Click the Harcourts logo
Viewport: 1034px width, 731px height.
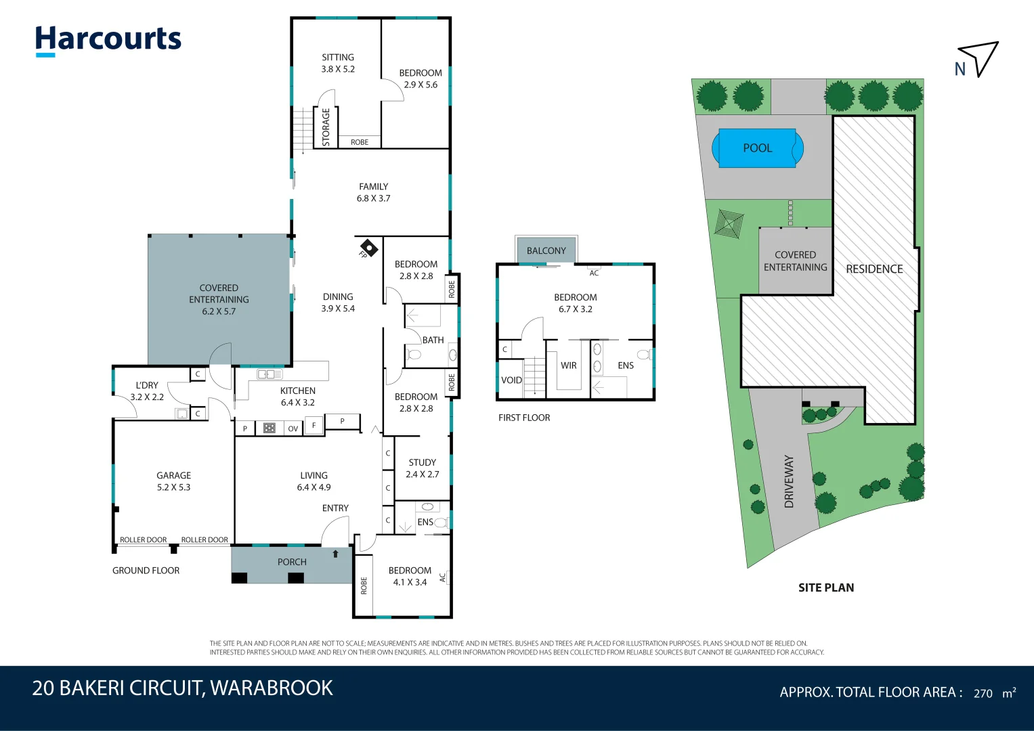pyautogui.click(x=108, y=40)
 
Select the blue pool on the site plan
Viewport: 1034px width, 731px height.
pyautogui.click(x=757, y=148)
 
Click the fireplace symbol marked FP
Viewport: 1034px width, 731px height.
pyautogui.click(x=368, y=248)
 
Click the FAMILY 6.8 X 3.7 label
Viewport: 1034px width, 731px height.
pyautogui.click(x=374, y=192)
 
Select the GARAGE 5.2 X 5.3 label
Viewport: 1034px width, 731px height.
pyautogui.click(x=174, y=481)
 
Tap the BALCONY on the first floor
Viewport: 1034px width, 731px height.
pyautogui.click(x=546, y=250)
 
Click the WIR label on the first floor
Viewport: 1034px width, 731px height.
pyautogui.click(x=569, y=365)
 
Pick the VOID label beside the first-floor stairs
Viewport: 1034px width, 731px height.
pyautogui.click(x=511, y=380)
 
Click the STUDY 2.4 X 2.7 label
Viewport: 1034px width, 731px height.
pyautogui.click(x=423, y=468)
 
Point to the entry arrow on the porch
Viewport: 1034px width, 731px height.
pyautogui.click(x=335, y=554)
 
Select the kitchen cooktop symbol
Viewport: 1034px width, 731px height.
pyautogui.click(x=270, y=428)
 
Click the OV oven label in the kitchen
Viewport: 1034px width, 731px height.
pyautogui.click(x=293, y=428)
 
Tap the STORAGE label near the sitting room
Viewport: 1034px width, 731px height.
pyautogui.click(x=326, y=127)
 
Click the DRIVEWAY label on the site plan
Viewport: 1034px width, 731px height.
pyautogui.click(x=789, y=481)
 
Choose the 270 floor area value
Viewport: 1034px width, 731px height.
pyautogui.click(x=983, y=693)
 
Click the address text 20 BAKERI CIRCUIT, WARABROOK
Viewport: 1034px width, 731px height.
pyautogui.click(x=183, y=688)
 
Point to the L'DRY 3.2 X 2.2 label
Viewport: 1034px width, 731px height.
pyautogui.click(x=147, y=391)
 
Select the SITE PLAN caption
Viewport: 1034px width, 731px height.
pyautogui.click(x=826, y=588)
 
